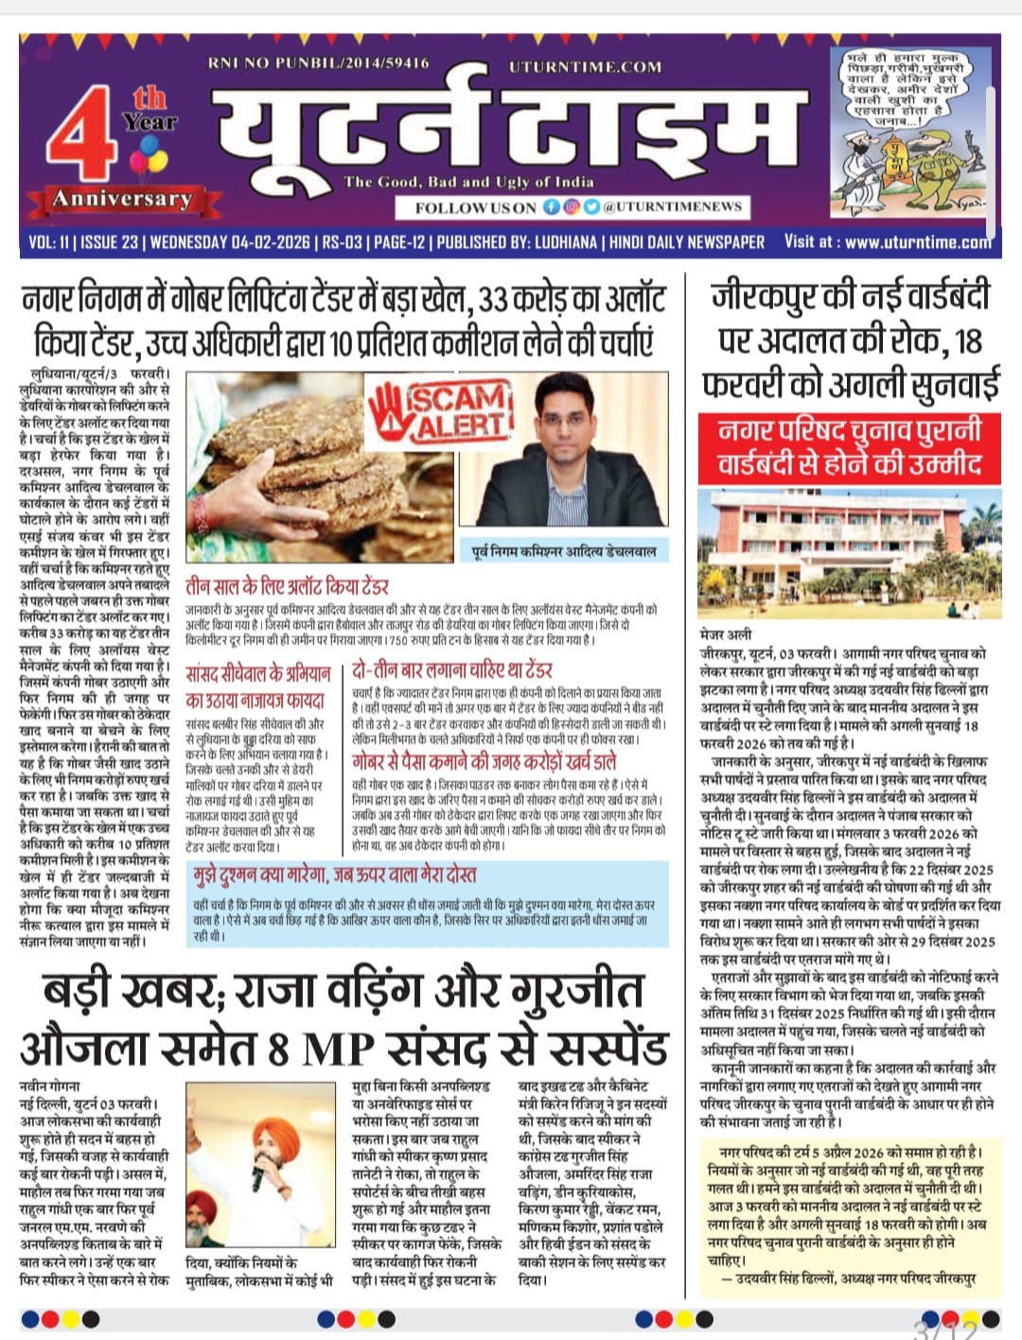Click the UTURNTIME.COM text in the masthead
[585, 67]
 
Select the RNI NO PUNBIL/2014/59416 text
[318, 63]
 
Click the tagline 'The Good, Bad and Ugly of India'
[468, 182]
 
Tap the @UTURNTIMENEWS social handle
[673, 206]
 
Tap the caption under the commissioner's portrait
[564, 550]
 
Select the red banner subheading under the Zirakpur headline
[849, 447]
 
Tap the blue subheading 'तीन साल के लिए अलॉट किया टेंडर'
[287, 586]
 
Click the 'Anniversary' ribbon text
[121, 199]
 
